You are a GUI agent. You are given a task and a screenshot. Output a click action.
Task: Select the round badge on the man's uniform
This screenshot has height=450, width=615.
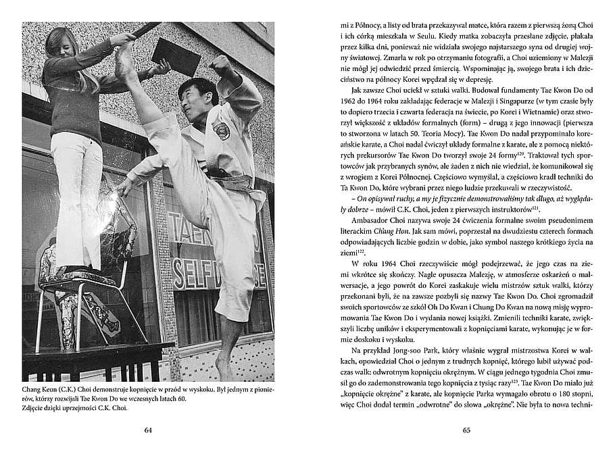221,128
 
